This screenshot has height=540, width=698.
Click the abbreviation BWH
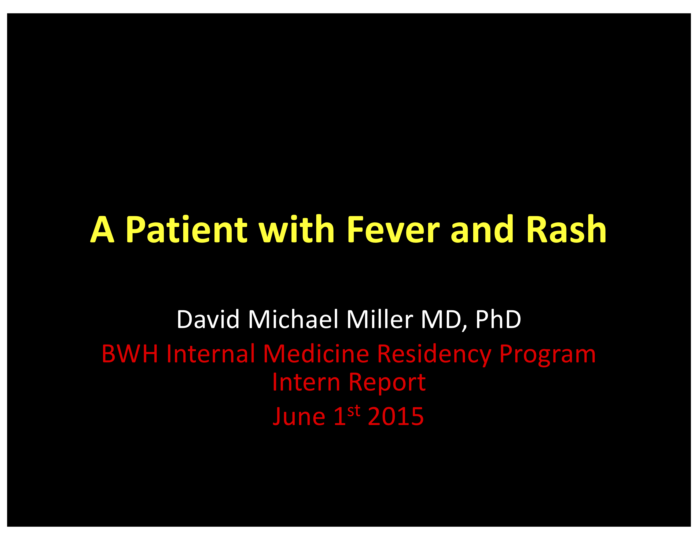click(130, 354)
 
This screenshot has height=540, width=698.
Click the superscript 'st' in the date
click(354, 410)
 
